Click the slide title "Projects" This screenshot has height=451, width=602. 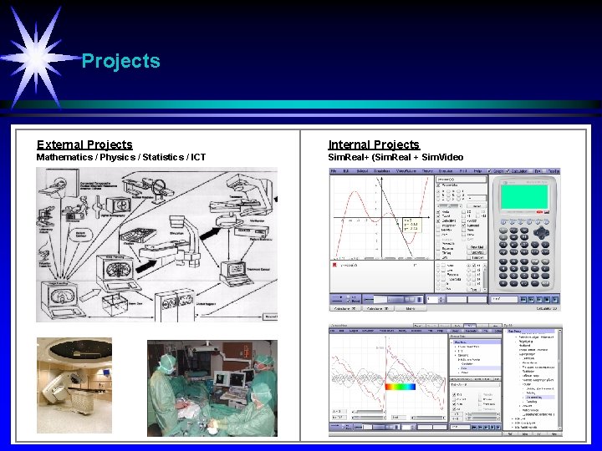tap(120, 61)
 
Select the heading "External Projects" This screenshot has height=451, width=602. tap(84, 144)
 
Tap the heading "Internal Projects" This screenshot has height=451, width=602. tap(374, 144)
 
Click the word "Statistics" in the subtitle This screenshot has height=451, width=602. tap(158, 157)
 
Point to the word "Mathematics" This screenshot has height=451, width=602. tap(66, 157)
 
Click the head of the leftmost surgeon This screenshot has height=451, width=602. tap(164, 360)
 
